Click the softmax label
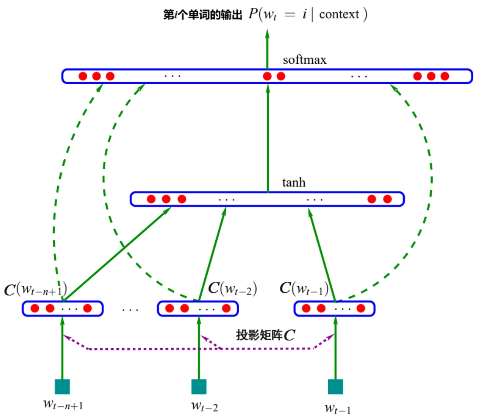point(304,60)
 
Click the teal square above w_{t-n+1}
point(62,387)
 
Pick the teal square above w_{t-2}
point(199,387)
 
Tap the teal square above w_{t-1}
point(335,387)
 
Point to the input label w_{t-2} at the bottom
point(204,406)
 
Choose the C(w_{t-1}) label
point(304,288)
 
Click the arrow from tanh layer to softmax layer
point(268,140)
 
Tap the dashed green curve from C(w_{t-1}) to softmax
point(430,183)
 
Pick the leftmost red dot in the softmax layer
point(83,76)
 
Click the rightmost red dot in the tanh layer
point(387,199)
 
